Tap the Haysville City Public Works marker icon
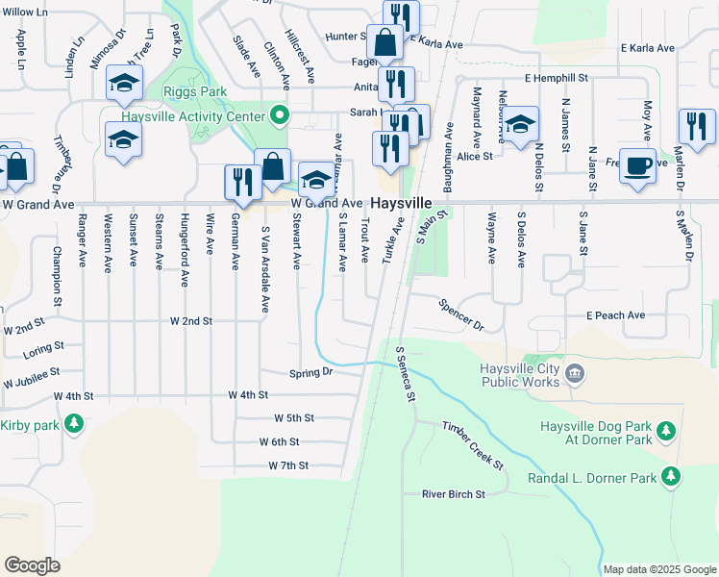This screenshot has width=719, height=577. (574, 373)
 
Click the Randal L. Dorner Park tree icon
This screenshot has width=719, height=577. (671, 477)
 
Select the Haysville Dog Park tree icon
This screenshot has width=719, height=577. (663, 433)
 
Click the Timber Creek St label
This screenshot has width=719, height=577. (473, 444)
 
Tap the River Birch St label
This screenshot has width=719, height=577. (454, 494)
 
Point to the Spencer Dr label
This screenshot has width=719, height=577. (461, 314)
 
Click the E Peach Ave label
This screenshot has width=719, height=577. (615, 315)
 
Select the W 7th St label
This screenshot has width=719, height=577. (288, 465)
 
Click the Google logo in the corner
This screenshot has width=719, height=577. (32, 565)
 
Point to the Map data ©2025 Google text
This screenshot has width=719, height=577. (659, 569)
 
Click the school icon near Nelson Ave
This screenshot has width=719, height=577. (520, 125)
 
